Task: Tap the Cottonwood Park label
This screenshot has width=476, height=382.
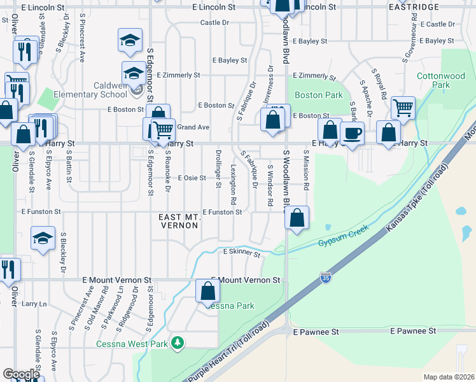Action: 441,80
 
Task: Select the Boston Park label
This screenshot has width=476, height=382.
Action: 319,95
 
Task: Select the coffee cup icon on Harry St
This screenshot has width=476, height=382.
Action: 352,134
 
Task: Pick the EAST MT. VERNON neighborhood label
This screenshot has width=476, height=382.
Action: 180,222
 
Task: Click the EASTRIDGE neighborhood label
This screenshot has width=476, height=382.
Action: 414,7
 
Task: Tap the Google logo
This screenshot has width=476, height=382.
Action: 21,374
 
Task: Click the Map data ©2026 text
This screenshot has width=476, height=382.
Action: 448,377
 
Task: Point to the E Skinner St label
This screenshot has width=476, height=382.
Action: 242,253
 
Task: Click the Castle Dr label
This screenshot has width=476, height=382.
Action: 214,22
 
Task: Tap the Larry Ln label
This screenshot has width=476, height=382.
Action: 34,304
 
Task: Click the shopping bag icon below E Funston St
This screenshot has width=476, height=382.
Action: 297,218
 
